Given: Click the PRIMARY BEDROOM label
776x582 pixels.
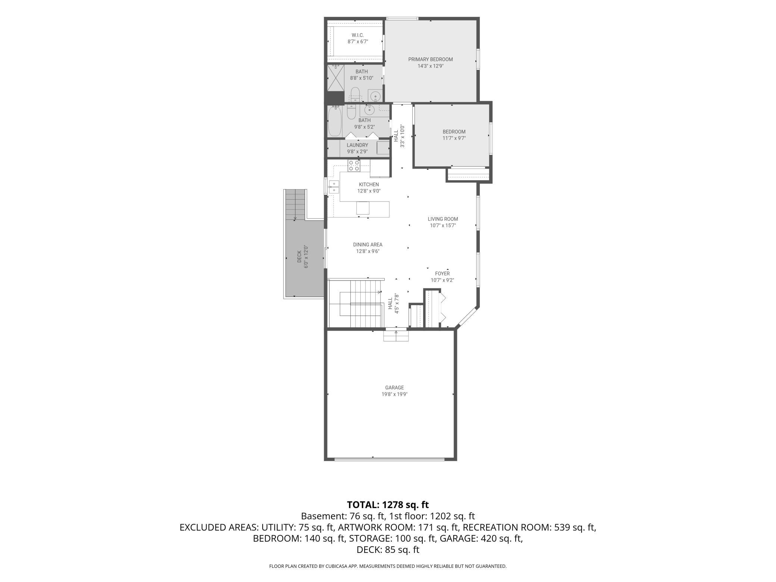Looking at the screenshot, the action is (430, 59).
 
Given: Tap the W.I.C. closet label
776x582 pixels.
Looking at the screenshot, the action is (357, 35).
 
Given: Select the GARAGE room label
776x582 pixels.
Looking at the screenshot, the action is (394, 388).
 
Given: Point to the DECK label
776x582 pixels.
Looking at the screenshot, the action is (299, 256).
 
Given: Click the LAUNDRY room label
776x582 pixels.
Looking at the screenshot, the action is (357, 145).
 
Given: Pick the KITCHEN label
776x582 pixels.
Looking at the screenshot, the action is (369, 185).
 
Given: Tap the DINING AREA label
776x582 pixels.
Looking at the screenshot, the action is (367, 245).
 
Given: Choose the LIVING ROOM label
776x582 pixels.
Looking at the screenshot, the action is (442, 219).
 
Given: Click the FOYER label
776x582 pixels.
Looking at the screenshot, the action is (442, 273).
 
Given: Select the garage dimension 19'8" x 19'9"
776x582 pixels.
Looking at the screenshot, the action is (394, 394).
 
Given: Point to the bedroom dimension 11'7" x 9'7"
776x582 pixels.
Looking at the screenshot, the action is (454, 138).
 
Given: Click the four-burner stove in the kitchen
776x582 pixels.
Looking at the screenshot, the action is (354, 166).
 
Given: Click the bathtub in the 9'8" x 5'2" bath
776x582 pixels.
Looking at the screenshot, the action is (335, 121).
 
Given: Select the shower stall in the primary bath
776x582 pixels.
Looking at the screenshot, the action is (335, 78).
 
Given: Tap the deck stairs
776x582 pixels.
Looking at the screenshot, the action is (295, 205).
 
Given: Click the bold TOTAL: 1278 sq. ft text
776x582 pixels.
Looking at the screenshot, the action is (388, 505).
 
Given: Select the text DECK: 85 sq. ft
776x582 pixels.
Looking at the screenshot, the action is (388, 550).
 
